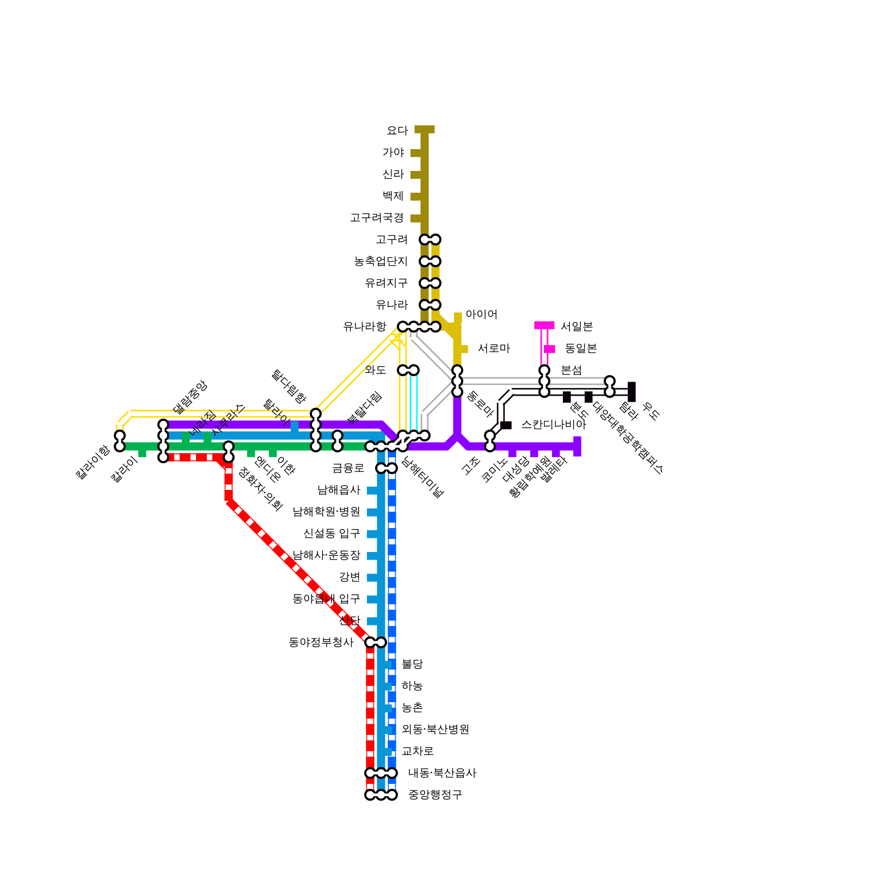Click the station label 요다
[397, 131]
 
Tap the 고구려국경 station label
[376, 218]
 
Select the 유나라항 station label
[364, 327]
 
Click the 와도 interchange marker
[408, 370]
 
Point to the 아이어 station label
[481, 315]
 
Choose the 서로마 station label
[494, 348]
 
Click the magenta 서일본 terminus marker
[544, 326]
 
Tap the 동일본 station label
[581, 348]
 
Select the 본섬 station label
[571, 370]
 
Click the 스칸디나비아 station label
[553, 425]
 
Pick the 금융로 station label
[348, 468]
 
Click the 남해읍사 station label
[339, 490]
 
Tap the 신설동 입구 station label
[332, 533]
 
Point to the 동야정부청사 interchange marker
[376, 642]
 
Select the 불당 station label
[412, 664]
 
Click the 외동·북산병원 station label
[435, 729]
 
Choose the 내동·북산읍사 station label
[442, 773]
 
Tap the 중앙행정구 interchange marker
[381, 795]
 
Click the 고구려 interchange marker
[430, 240]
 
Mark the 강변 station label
[349, 577]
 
